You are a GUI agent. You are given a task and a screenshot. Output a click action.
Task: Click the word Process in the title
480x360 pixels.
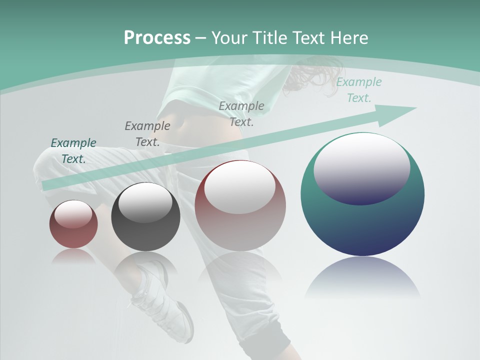click(x=157, y=38)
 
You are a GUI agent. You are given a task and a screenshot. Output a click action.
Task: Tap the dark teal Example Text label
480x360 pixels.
click(x=73, y=151)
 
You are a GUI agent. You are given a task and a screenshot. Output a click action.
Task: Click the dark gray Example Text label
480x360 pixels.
click(x=147, y=134)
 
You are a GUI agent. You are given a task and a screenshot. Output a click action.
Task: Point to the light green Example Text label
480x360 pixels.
click(x=359, y=90)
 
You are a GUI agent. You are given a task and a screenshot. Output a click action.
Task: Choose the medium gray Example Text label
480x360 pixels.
click(x=241, y=113)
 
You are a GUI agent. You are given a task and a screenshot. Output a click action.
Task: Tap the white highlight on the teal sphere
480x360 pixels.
click(x=362, y=167)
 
